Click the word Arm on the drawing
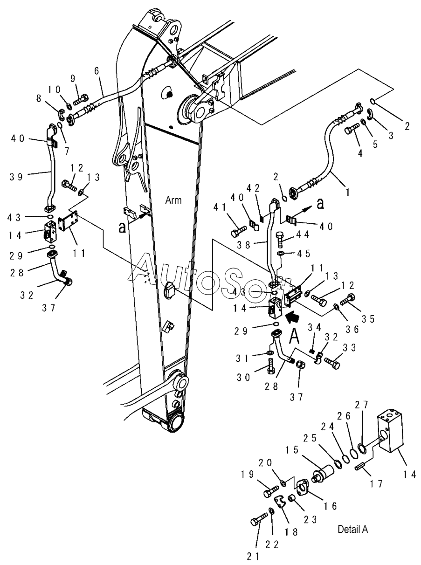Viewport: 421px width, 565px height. click(173, 200)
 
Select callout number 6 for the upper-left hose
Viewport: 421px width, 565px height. click(97, 71)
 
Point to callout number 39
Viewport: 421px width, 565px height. click(16, 177)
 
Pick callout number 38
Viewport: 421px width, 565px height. click(244, 245)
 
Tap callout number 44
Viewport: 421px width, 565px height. click(303, 234)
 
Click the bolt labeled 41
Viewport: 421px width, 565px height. click(239, 231)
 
